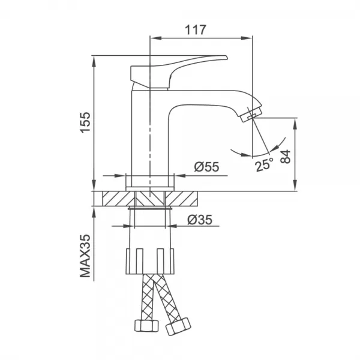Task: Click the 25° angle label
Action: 263,165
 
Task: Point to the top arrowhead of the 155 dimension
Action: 94,60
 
